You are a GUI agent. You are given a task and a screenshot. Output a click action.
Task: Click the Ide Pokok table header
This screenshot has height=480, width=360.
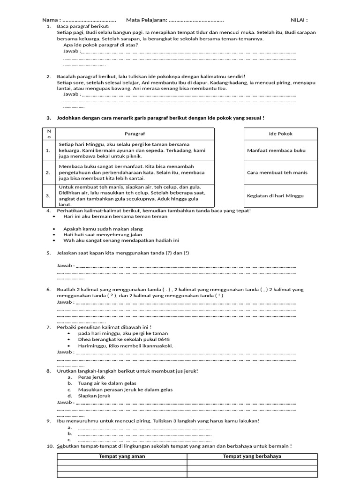point(280,134)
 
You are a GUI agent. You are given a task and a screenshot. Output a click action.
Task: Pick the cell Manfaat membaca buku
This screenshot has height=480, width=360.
point(276,150)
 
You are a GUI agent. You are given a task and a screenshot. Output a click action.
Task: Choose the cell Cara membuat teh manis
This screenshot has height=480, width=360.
point(277,172)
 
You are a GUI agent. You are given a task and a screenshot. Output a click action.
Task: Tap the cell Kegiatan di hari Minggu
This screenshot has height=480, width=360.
point(276,195)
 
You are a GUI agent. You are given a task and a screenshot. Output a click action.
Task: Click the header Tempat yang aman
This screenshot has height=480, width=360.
point(122,456)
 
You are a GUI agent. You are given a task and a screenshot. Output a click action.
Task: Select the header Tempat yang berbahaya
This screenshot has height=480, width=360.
point(252,456)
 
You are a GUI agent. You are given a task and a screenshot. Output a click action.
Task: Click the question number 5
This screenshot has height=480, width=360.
point(48,253)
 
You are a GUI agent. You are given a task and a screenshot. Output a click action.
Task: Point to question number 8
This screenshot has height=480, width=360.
point(48,371)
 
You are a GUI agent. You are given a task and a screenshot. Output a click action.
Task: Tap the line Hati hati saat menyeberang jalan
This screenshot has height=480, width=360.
point(103,234)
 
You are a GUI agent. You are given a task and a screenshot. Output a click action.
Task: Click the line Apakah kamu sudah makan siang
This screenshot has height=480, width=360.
point(103,229)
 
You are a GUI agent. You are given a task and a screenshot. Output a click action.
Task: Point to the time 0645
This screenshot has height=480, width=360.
point(164,339)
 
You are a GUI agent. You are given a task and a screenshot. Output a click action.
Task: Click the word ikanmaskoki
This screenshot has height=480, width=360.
point(157,346)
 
